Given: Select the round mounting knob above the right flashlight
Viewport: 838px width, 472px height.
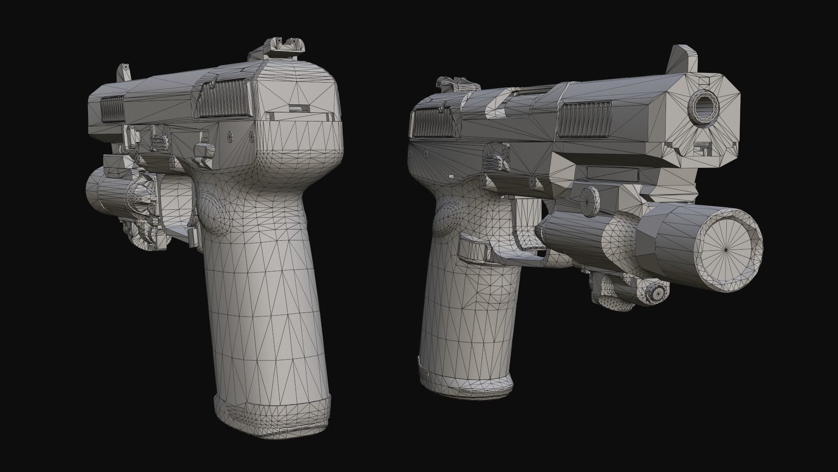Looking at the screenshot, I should (x=591, y=201).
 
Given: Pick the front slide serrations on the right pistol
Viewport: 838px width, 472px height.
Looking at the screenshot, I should (x=584, y=119).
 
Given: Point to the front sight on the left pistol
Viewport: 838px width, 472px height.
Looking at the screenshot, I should (x=124, y=72).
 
